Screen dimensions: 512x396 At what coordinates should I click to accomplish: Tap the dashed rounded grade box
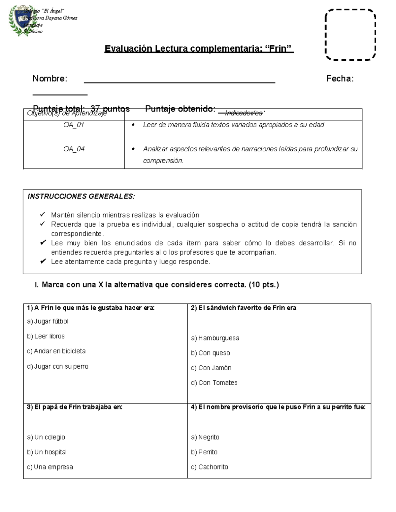[350, 35]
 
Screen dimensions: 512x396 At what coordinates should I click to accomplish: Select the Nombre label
[49, 78]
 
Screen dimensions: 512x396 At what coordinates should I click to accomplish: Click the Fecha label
[340, 78]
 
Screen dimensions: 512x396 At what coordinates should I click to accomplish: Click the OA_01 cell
[74, 125]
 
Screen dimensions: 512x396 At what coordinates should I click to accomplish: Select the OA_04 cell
[74, 149]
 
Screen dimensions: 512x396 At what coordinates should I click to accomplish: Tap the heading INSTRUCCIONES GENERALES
[81, 196]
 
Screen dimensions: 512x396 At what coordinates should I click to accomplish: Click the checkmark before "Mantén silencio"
[43, 215]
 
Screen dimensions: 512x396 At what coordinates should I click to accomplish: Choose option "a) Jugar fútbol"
[48, 321]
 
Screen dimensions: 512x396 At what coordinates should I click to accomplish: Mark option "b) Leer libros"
[46, 336]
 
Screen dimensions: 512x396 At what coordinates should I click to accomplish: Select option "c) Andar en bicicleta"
[56, 351]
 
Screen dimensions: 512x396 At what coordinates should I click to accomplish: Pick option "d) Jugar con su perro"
[58, 366]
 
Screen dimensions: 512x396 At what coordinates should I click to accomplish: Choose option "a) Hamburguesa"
[215, 338]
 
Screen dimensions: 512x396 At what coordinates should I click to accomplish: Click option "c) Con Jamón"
[211, 368]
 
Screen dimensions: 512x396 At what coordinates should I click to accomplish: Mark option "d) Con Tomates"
[214, 383]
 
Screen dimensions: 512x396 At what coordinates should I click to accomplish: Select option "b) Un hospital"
[47, 452]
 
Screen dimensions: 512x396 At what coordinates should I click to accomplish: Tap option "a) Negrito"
[205, 437]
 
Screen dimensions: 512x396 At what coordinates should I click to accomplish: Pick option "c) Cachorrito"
[210, 467]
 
